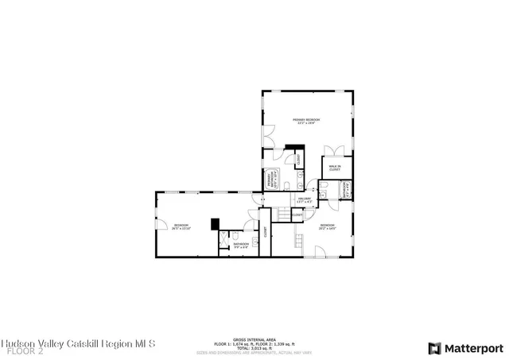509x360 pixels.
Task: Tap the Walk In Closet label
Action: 335,168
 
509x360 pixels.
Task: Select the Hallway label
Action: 304,200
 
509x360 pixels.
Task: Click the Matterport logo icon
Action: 433,348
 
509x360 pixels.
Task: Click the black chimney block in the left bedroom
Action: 215,224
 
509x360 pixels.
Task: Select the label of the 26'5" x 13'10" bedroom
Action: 181,226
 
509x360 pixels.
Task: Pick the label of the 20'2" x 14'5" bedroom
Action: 328,226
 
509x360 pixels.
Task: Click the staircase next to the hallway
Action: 282,213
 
